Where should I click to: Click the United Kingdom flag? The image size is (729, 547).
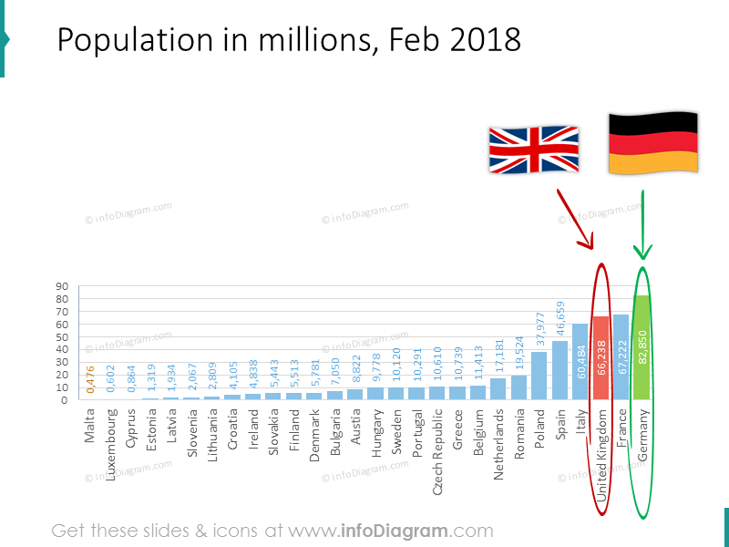[534, 150]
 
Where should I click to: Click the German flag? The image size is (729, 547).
[652, 143]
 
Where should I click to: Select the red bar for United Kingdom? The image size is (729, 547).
[601, 358]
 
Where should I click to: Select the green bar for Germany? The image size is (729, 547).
[642, 347]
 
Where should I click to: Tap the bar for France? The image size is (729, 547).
[621, 357]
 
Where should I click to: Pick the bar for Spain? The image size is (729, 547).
[560, 370]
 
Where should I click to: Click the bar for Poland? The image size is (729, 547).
[539, 376]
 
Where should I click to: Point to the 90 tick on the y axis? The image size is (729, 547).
[63, 286]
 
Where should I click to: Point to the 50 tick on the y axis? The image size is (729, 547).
[63, 337]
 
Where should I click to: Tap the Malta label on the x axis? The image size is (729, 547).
[90, 424]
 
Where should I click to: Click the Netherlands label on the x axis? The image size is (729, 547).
[499, 435]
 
